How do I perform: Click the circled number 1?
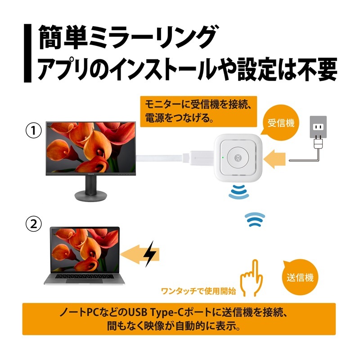tap(33, 130)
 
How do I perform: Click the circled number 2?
tap(33, 223)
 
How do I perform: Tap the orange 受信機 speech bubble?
tap(280, 123)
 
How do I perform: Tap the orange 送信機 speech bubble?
tap(300, 278)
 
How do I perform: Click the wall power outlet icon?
tap(318, 127)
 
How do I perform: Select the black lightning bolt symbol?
tap(149, 253)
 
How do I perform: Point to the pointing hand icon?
tap(252, 278)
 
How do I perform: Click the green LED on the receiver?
tap(222, 157)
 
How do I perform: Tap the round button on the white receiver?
tap(238, 158)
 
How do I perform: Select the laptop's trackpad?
tap(84, 280)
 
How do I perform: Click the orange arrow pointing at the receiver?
tap(274, 159)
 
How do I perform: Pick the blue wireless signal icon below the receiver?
tap(238, 192)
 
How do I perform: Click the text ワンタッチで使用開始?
tap(198, 291)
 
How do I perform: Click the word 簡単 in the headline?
tap(63, 37)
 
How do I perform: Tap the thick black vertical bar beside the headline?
tap(27, 53)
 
